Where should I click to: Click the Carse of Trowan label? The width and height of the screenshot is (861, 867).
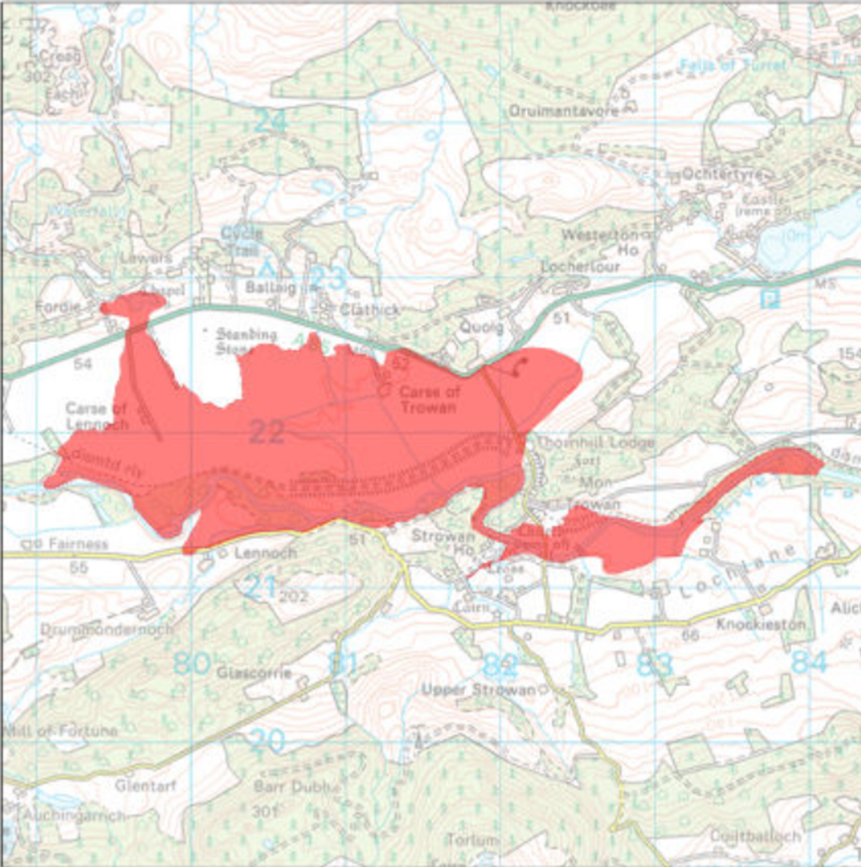pos(427,400)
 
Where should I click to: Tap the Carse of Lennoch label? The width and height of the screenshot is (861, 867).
pos(96,416)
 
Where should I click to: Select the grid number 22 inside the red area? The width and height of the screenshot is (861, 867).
pos(266,432)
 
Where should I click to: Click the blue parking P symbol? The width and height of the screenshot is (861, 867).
pos(769,300)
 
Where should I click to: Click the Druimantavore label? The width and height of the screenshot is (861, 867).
pos(564,111)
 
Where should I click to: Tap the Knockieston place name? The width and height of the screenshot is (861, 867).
pos(761,625)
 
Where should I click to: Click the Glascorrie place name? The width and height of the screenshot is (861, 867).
pos(253,673)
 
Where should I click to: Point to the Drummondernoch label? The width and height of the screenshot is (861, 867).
pos(106,629)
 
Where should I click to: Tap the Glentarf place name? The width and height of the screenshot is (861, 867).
pos(145,786)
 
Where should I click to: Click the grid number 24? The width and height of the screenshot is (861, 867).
pos(269,121)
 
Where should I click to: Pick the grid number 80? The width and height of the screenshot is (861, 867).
pos(191,663)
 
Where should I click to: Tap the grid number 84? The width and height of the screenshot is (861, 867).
pos(809,663)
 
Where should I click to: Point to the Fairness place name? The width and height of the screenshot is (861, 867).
pos(78,543)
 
